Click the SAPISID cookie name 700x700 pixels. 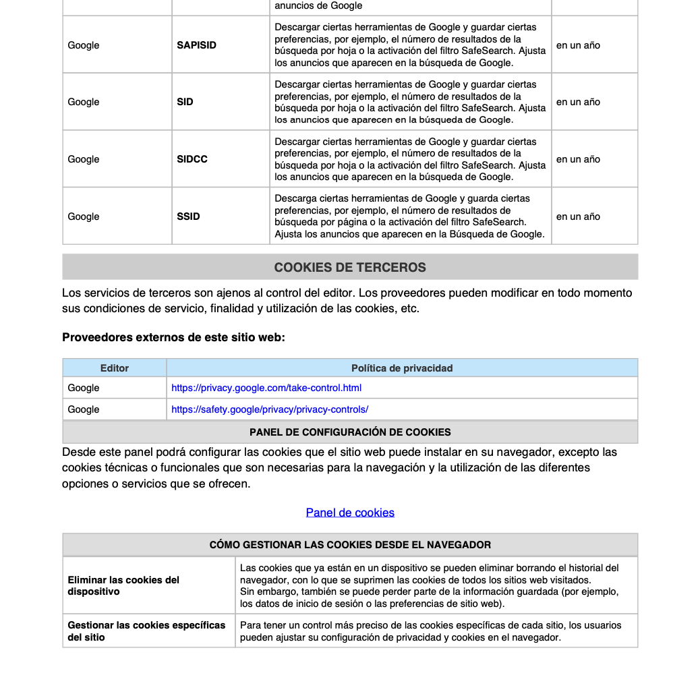tap(196, 45)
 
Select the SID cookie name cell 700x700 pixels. tap(185, 102)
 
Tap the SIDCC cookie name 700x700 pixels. tap(192, 159)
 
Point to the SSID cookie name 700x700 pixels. tap(188, 216)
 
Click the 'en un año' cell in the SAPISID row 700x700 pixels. tap(578, 45)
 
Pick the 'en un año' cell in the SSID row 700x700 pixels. tap(578, 216)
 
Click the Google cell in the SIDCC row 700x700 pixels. tap(84, 159)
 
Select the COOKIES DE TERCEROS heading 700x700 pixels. tap(350, 267)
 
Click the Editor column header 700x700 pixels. tap(115, 368)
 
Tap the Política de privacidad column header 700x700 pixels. tap(402, 368)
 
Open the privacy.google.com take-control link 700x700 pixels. tap(266, 388)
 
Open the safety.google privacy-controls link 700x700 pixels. tap(270, 409)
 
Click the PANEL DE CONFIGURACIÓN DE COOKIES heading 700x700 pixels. tap(350, 432)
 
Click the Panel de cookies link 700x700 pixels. tap(350, 513)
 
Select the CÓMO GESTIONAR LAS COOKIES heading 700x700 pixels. tap(350, 545)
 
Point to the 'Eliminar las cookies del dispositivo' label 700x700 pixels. tap(123, 585)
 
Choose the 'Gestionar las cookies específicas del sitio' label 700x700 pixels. tap(146, 631)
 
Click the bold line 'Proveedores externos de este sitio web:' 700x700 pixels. tap(173, 337)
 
